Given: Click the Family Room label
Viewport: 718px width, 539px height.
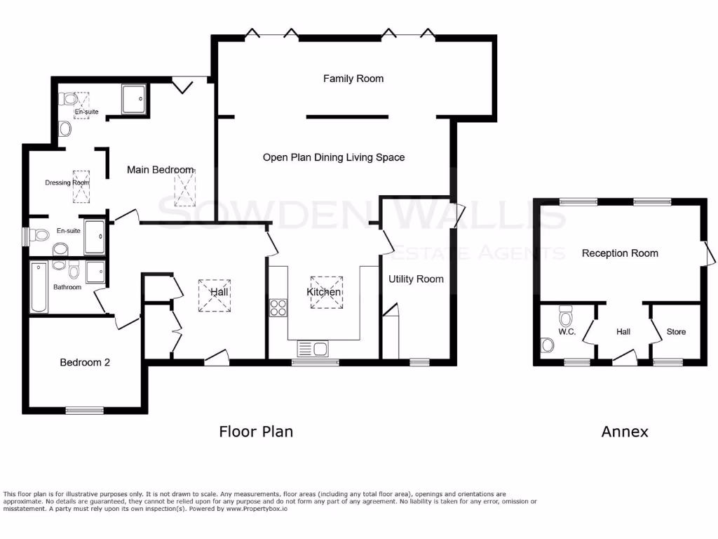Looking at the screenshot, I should coord(353,79).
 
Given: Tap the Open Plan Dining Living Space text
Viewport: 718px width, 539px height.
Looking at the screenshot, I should coord(334,157).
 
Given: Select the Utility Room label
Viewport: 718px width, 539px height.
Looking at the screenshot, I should coord(416,279).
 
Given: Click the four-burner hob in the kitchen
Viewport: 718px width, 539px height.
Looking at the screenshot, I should coord(278,307).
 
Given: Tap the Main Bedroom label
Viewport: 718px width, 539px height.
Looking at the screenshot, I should coord(160,170).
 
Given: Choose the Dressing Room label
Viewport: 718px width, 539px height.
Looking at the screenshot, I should coord(67,182).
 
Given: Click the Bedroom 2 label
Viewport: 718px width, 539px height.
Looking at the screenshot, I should coord(84,362).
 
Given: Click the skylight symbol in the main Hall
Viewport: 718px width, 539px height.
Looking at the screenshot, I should coord(215,295).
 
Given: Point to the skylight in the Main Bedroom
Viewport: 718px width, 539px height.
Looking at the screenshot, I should coord(186,187).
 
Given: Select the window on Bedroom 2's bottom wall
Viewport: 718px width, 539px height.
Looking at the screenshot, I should coord(85,409).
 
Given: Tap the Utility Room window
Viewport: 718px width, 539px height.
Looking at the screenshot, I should coord(419,362).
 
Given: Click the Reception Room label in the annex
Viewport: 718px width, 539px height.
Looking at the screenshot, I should coord(620,253).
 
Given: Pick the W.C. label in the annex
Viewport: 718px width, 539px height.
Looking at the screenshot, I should coord(567,331).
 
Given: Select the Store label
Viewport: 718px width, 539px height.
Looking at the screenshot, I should coord(676,331).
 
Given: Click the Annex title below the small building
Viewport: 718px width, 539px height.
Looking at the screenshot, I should coord(625,432).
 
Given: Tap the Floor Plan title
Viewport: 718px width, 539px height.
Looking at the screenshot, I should coord(256,432).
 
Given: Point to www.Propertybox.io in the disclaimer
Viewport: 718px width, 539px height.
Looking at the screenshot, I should coord(256,509).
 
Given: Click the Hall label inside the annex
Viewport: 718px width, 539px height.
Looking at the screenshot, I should coord(623,331).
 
